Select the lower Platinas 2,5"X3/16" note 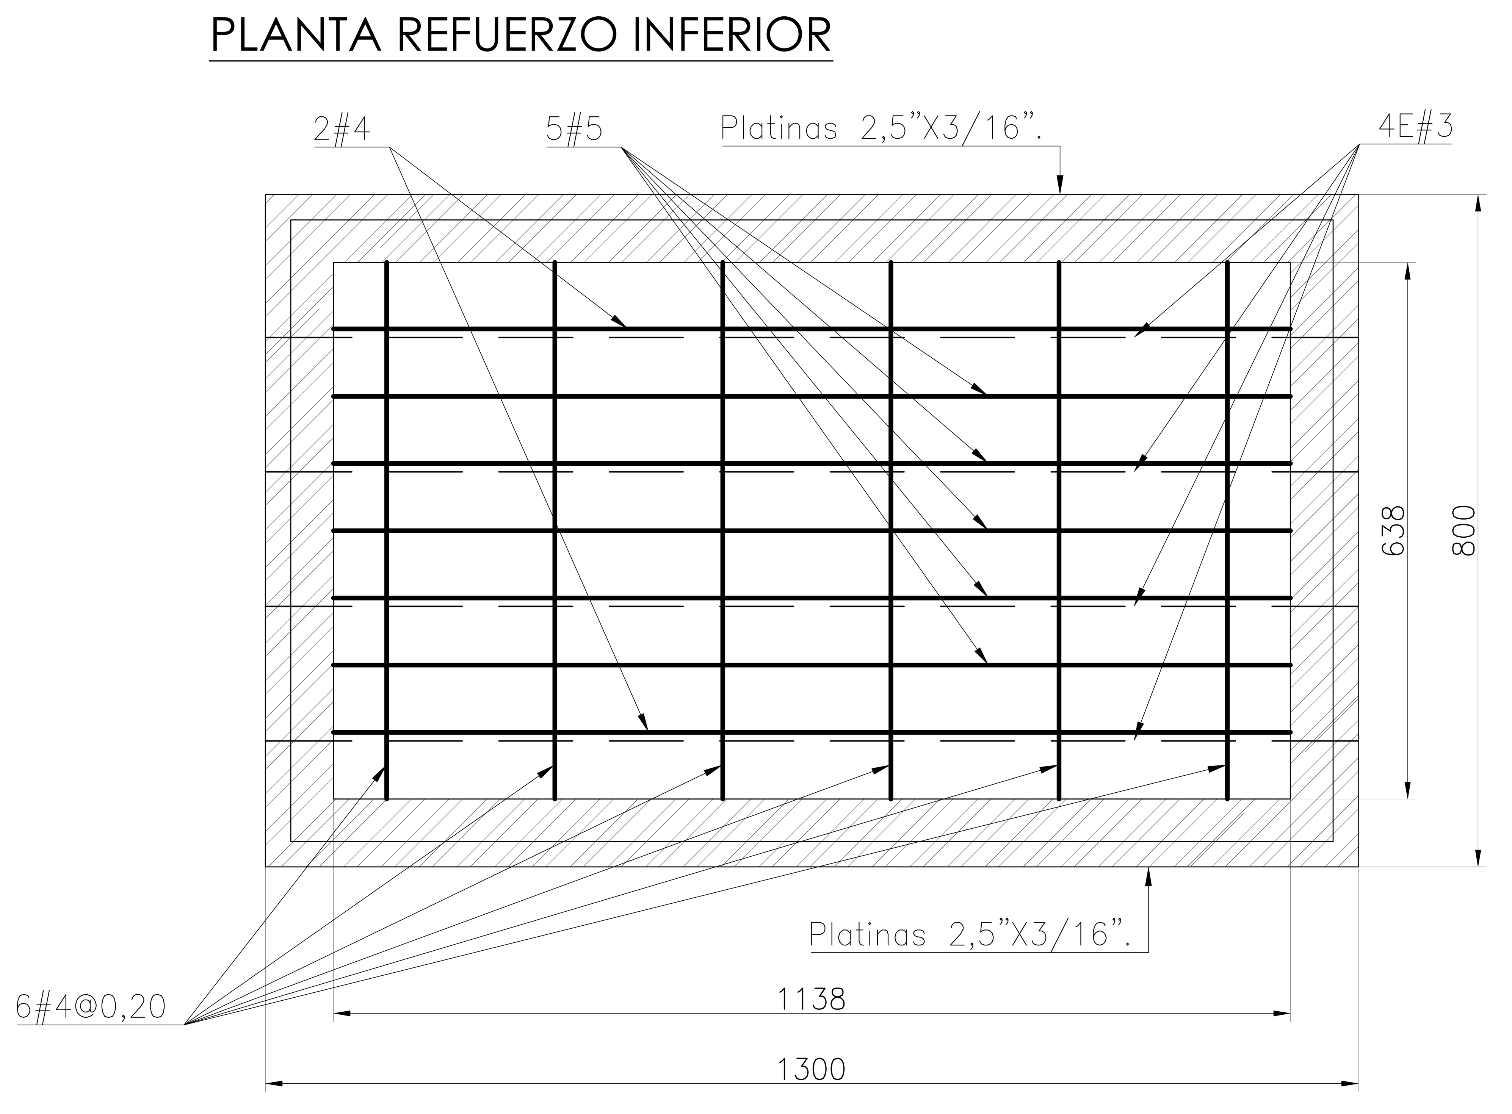pyautogui.click(x=969, y=935)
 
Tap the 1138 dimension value pyautogui.click(x=811, y=999)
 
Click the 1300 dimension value pyautogui.click(x=811, y=1070)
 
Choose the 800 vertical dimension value pyautogui.click(x=1463, y=531)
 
